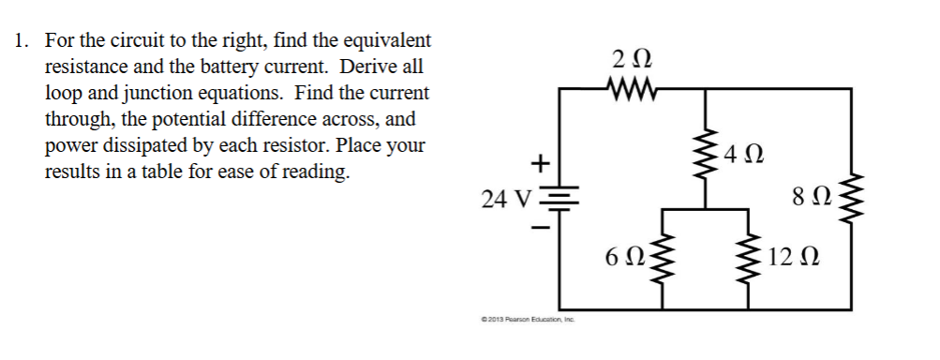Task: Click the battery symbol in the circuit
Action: (x=560, y=198)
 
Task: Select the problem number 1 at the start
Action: (x=22, y=41)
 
